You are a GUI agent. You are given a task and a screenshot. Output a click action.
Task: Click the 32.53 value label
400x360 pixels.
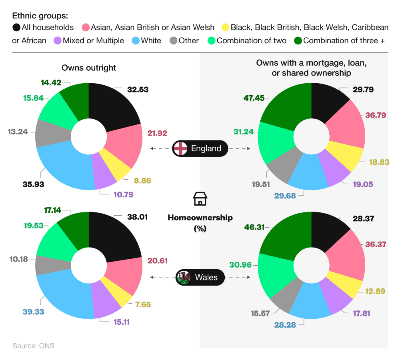click(138, 90)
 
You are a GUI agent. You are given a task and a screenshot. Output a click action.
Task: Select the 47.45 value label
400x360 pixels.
click(254, 98)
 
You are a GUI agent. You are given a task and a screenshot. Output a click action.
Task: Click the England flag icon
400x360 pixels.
click(180, 148)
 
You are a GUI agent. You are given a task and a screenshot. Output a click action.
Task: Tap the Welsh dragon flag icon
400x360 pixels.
click(184, 277)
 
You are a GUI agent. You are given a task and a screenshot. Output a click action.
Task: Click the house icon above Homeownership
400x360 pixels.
click(200, 198)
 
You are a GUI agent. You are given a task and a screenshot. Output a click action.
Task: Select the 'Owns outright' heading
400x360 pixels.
click(89, 68)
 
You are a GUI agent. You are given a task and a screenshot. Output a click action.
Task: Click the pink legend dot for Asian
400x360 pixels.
click(85, 28)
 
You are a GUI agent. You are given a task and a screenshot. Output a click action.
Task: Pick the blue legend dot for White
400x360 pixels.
click(135, 40)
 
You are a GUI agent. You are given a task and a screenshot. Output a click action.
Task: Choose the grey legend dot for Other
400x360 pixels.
click(173, 40)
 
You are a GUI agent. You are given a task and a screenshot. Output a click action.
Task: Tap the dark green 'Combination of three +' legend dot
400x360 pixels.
click(297, 40)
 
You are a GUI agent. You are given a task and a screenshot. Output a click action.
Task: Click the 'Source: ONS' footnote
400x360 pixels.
click(33, 346)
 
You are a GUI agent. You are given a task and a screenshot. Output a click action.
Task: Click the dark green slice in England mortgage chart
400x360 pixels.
click(286, 104)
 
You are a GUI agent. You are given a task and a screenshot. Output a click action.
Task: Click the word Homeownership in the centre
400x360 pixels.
click(200, 218)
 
